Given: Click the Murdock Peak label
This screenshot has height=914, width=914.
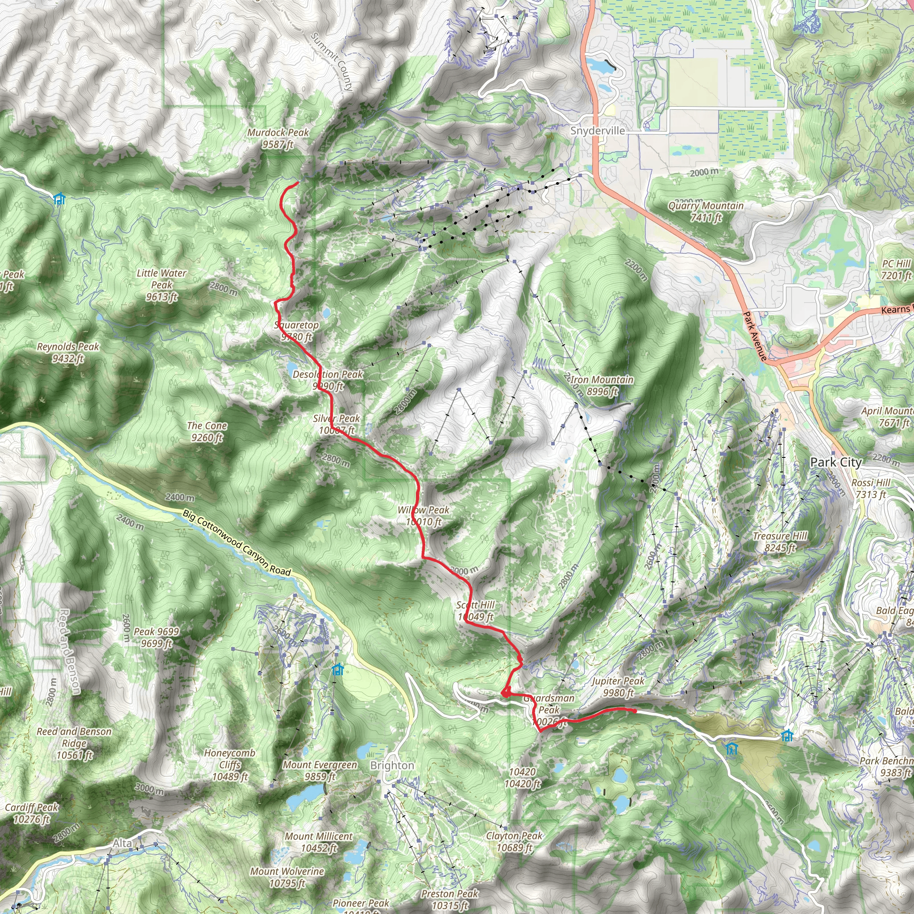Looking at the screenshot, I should tap(278, 139).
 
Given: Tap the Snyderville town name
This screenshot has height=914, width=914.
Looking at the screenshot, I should tap(598, 131).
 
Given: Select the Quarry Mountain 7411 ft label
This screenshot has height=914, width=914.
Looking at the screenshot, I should tap(706, 212).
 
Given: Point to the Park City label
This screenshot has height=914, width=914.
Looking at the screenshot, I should tap(836, 462).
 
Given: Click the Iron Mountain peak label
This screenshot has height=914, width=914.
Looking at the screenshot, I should tap(602, 386).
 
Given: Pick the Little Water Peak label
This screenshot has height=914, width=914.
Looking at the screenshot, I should tap(161, 285).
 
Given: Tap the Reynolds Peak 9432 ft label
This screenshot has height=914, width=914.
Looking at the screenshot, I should tap(68, 353).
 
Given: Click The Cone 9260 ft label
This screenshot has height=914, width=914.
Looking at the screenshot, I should tap(207, 432).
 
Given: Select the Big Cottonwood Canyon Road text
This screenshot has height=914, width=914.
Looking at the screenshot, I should tap(237, 543).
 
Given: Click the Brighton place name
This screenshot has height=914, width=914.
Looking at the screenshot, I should tap(392, 765).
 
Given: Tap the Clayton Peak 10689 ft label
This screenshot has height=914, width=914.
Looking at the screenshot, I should tap(514, 842).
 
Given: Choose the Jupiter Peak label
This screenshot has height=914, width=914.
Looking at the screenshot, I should tap(618, 687).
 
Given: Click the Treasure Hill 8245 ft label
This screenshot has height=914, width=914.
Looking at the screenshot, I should tap(780, 542).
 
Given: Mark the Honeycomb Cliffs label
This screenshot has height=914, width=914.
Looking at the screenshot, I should tap(230, 764).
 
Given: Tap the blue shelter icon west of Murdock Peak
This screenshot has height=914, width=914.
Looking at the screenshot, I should tap(59, 199).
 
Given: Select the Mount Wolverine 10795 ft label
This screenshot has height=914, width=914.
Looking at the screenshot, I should tap(287, 877).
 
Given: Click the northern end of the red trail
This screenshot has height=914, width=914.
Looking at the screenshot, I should tap(298, 183).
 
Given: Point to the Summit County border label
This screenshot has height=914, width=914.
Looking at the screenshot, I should tap(332, 62).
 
